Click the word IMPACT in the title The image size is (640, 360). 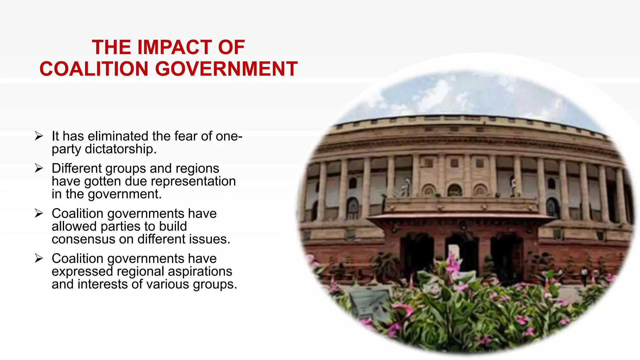pos(174,47)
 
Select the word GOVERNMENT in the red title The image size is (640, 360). pos(226,69)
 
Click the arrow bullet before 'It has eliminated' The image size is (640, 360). pos(39,136)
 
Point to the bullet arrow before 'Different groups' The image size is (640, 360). pos(39,168)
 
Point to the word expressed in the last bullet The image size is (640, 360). pos(82,272)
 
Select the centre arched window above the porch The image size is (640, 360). pos(455,190)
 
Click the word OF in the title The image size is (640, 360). pos(231,47)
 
